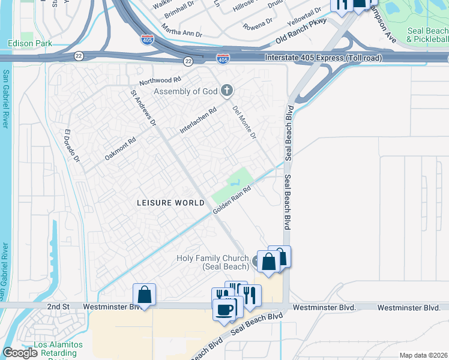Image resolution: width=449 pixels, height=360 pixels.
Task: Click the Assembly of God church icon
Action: [226, 91]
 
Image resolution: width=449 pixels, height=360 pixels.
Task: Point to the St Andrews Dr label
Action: [143, 108]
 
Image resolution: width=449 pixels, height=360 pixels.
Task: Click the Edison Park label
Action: [30, 43]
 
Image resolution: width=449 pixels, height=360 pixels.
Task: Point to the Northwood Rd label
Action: [160, 80]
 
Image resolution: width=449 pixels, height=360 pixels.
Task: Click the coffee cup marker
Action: [224, 310]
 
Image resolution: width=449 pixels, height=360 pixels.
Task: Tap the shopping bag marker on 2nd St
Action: [145, 294]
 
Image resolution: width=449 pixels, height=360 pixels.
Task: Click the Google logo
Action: [20, 353]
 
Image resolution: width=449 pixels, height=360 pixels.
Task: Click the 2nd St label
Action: [59, 307]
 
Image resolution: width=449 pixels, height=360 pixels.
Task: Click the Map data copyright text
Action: [423, 355]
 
